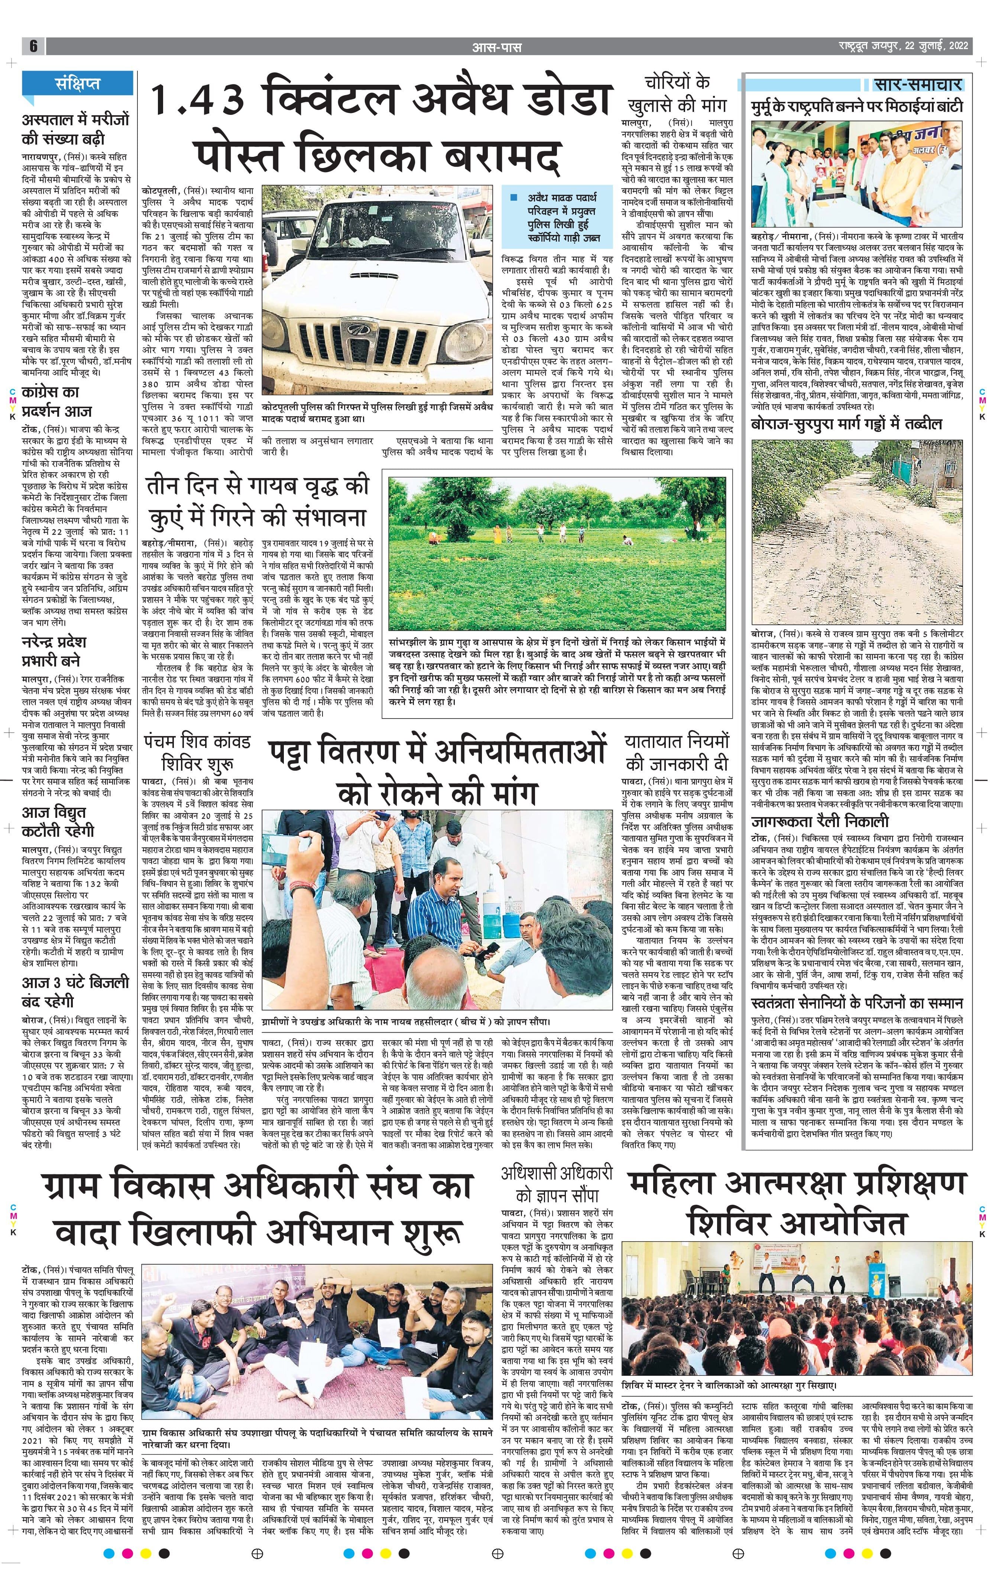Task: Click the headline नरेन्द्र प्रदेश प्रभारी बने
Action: tap(54, 651)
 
